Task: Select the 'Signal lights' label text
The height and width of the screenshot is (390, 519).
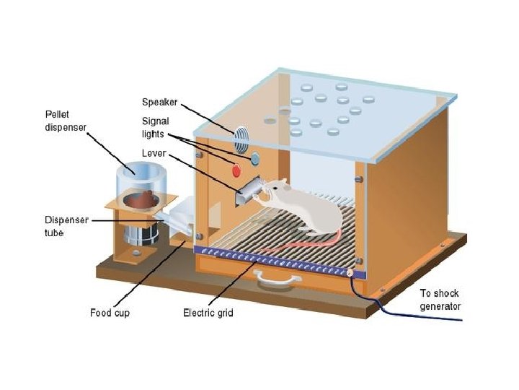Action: (x=156, y=129)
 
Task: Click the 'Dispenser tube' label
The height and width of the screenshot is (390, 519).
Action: (x=66, y=226)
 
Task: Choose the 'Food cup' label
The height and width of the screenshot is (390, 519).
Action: (x=110, y=313)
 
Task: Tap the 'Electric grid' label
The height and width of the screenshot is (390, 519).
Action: (x=208, y=313)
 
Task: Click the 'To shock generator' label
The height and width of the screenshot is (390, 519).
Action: (x=440, y=300)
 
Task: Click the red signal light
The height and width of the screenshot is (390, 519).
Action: (x=236, y=170)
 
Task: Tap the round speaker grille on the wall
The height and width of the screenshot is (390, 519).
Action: (x=240, y=133)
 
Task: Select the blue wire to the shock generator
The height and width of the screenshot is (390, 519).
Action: (x=404, y=311)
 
